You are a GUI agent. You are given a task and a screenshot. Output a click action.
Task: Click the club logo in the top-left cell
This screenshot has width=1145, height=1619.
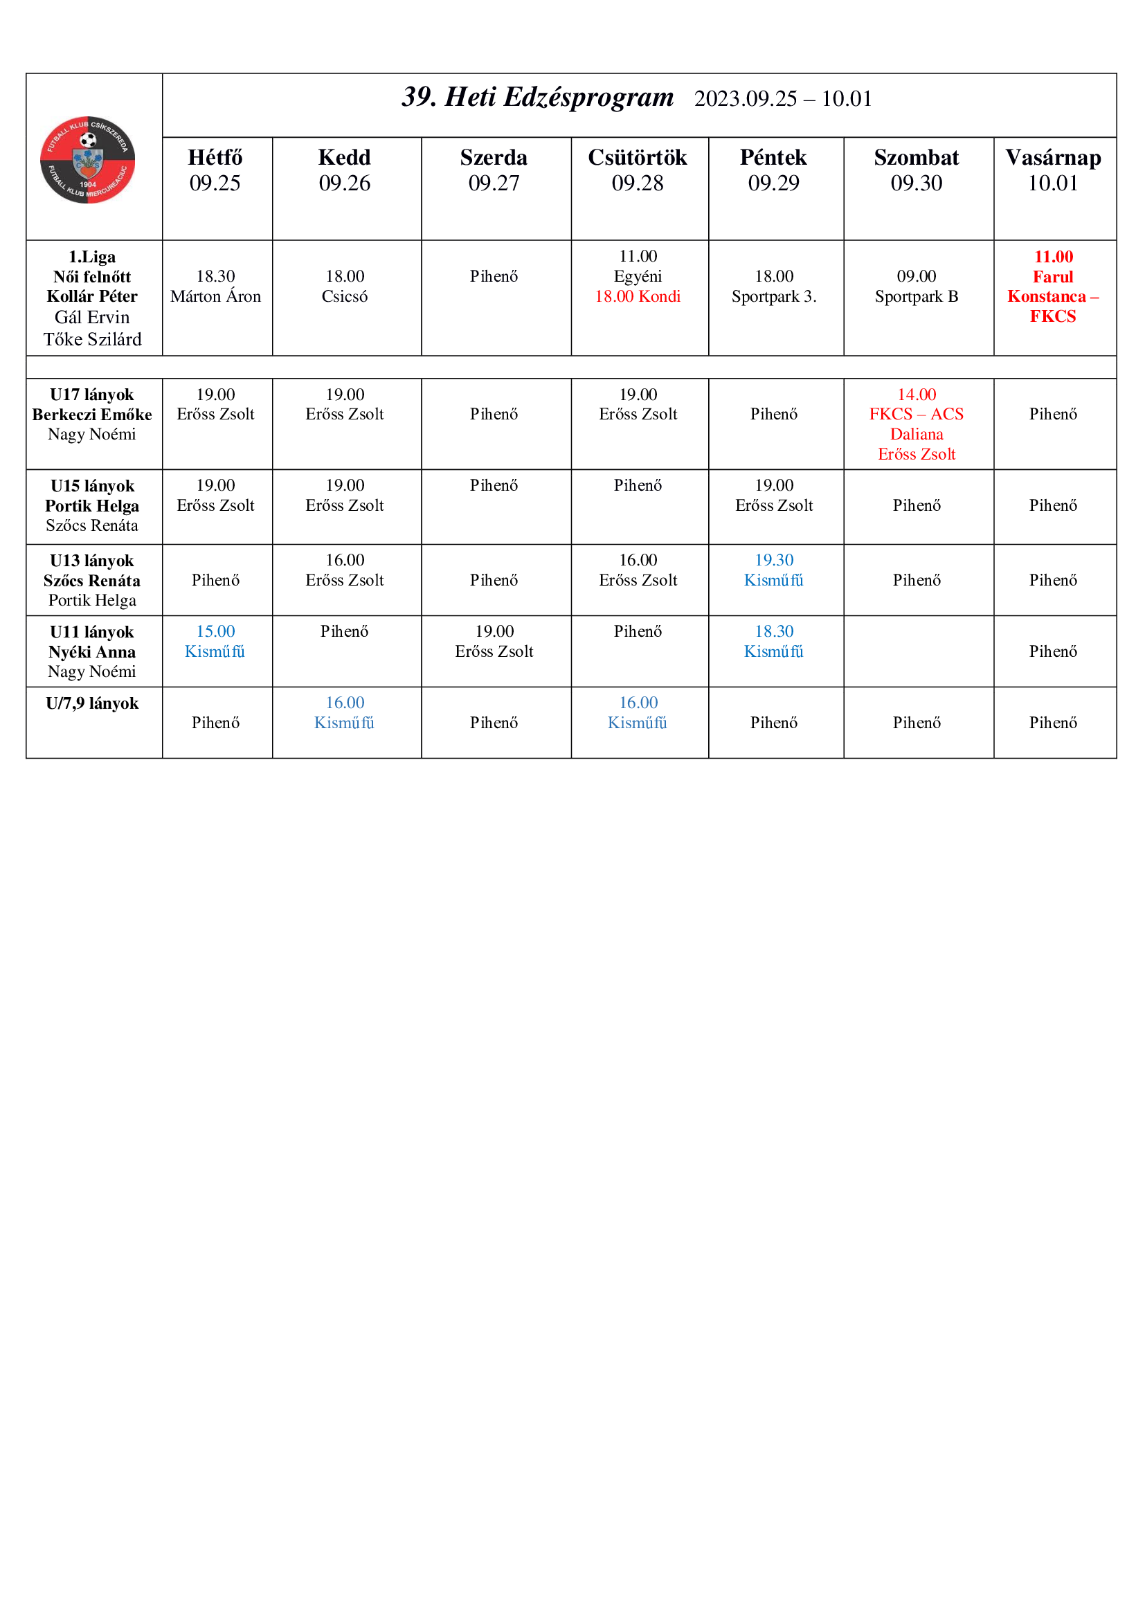click(x=87, y=160)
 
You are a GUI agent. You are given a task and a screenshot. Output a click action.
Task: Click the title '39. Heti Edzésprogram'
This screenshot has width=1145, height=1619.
click(x=537, y=98)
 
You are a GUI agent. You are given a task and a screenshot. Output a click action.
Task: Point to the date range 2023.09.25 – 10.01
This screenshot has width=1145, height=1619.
click(x=783, y=99)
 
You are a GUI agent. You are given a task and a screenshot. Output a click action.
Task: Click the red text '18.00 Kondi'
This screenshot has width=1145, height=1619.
click(x=638, y=297)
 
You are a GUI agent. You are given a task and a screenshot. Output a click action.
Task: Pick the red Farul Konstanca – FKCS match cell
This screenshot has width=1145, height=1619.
click(x=1053, y=287)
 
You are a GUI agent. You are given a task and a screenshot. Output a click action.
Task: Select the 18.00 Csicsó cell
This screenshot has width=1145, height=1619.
click(x=345, y=287)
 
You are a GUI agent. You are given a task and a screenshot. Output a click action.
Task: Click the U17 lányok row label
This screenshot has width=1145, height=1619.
click(x=92, y=395)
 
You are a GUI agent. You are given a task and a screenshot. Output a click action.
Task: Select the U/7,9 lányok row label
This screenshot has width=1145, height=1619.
click(x=92, y=704)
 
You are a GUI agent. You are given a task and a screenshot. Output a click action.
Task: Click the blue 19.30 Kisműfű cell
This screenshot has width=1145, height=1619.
click(x=773, y=570)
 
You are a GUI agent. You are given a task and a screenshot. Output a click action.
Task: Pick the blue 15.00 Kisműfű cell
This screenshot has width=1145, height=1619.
click(x=215, y=642)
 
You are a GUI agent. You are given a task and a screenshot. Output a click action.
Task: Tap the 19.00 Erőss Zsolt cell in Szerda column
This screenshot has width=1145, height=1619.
click(x=494, y=642)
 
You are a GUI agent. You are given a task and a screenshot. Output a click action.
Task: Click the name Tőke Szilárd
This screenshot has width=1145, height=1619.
click(x=92, y=340)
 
